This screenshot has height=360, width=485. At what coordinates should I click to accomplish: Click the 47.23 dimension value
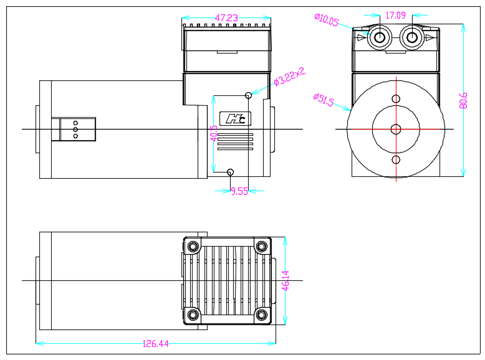pos(226,18)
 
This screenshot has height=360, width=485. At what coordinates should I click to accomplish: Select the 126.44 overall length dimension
pos(156,344)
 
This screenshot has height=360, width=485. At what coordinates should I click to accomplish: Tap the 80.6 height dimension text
pos(463,100)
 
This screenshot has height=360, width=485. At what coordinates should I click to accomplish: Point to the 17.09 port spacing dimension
pos(395,15)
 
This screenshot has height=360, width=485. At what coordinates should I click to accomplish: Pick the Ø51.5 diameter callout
pos(324,100)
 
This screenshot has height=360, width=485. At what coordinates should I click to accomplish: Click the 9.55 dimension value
pos(239,192)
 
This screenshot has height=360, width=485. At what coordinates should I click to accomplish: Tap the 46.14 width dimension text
pos(286,280)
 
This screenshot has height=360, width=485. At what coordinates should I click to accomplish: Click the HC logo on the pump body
pos(235,118)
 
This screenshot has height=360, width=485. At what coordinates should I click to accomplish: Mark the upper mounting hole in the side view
pos(249,95)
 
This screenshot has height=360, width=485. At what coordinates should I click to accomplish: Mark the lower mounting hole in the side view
pos(231,172)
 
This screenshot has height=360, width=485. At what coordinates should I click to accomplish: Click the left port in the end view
pos(378,38)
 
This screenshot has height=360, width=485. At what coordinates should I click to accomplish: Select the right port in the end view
pos(411,38)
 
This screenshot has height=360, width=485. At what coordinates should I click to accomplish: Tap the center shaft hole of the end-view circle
pos(396,129)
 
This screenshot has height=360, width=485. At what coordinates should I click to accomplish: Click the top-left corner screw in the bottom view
pos(193,247)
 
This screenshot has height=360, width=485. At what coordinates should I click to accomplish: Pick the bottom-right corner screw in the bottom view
pos(262,314)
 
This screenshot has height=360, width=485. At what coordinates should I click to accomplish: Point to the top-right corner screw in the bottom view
pos(262,247)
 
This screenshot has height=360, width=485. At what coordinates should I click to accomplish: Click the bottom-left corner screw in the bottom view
pos(193,314)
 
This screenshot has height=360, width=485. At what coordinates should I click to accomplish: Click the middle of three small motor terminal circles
pos(75,129)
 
